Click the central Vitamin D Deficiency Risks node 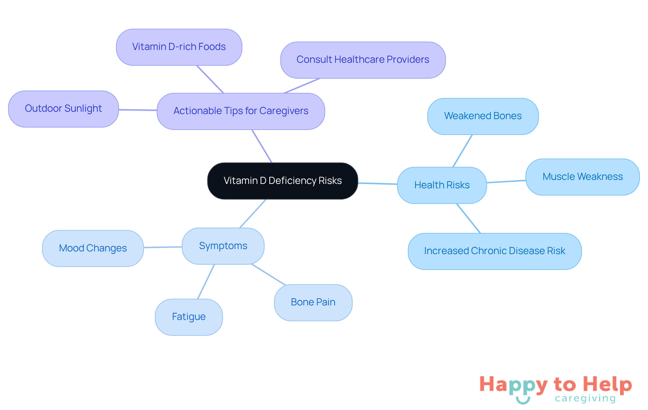[282, 181]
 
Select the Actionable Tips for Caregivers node [241, 111]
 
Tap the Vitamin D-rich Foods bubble [179, 47]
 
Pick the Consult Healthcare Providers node [363, 60]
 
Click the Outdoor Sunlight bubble [63, 109]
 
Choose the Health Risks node [442, 185]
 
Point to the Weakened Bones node [483, 116]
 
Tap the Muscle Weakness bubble [583, 177]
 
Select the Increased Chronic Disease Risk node [494, 251]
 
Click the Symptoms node [223, 246]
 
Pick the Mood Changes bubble [93, 248]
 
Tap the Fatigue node [189, 317]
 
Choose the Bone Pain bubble [313, 302]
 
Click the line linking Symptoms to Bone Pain [269, 275]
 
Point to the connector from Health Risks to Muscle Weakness [506, 182]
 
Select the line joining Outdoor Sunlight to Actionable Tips [138, 110]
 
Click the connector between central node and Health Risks [378, 184]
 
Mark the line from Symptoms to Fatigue [206, 282]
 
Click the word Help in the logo [607, 384]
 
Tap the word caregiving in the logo [585, 399]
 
